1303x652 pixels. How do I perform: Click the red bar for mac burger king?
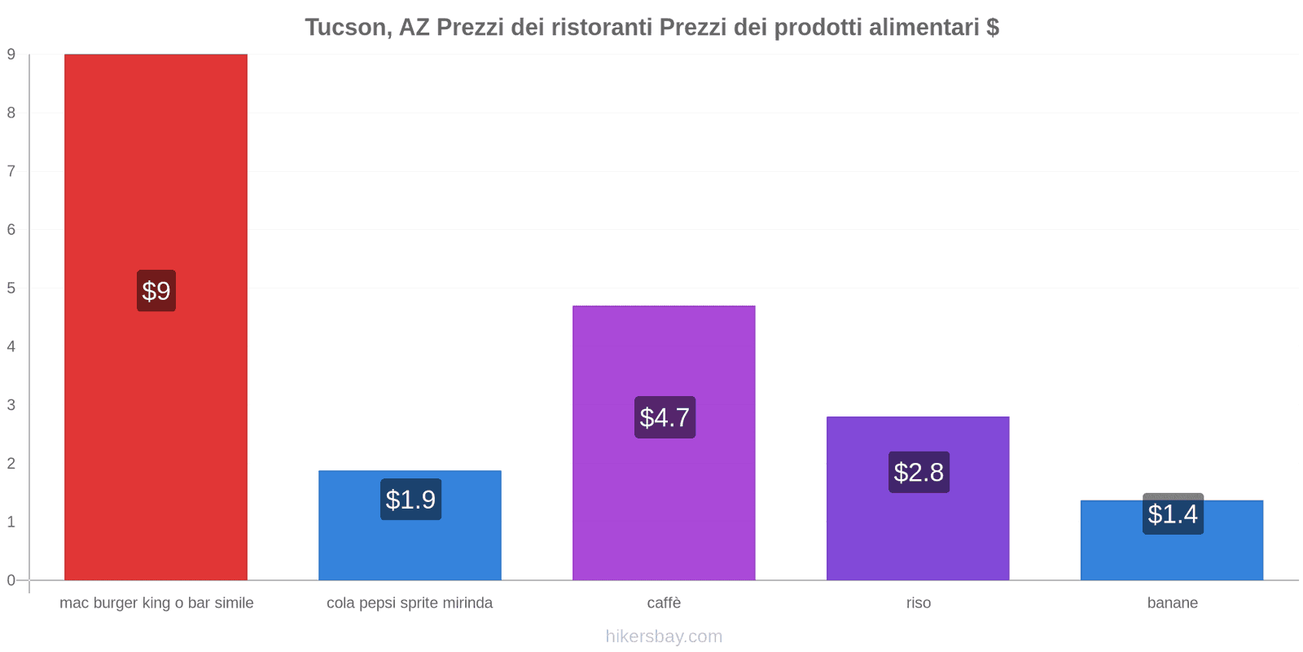(x=156, y=317)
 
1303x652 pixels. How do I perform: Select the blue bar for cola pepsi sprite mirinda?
(x=410, y=525)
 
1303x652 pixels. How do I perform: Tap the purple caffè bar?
(x=664, y=443)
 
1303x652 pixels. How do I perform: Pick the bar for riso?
(x=918, y=498)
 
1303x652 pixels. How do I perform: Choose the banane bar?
(x=1172, y=540)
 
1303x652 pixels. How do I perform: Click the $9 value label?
(x=156, y=290)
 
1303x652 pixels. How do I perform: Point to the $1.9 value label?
(x=410, y=500)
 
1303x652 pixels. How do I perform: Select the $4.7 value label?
(x=665, y=417)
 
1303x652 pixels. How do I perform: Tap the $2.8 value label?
(x=919, y=472)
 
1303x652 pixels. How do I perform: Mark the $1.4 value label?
(x=1173, y=513)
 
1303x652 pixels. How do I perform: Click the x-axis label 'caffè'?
(x=664, y=602)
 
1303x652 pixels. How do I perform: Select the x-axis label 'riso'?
(x=919, y=602)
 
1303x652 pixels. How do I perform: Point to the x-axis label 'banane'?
(x=1172, y=602)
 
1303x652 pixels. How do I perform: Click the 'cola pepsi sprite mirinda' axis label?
(x=410, y=603)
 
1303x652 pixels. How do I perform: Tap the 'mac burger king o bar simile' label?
(x=156, y=603)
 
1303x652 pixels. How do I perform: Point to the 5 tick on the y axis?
(x=11, y=289)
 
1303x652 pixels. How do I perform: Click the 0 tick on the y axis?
(x=11, y=580)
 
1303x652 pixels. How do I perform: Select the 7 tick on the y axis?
(x=11, y=171)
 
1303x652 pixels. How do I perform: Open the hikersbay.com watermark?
(x=664, y=637)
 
